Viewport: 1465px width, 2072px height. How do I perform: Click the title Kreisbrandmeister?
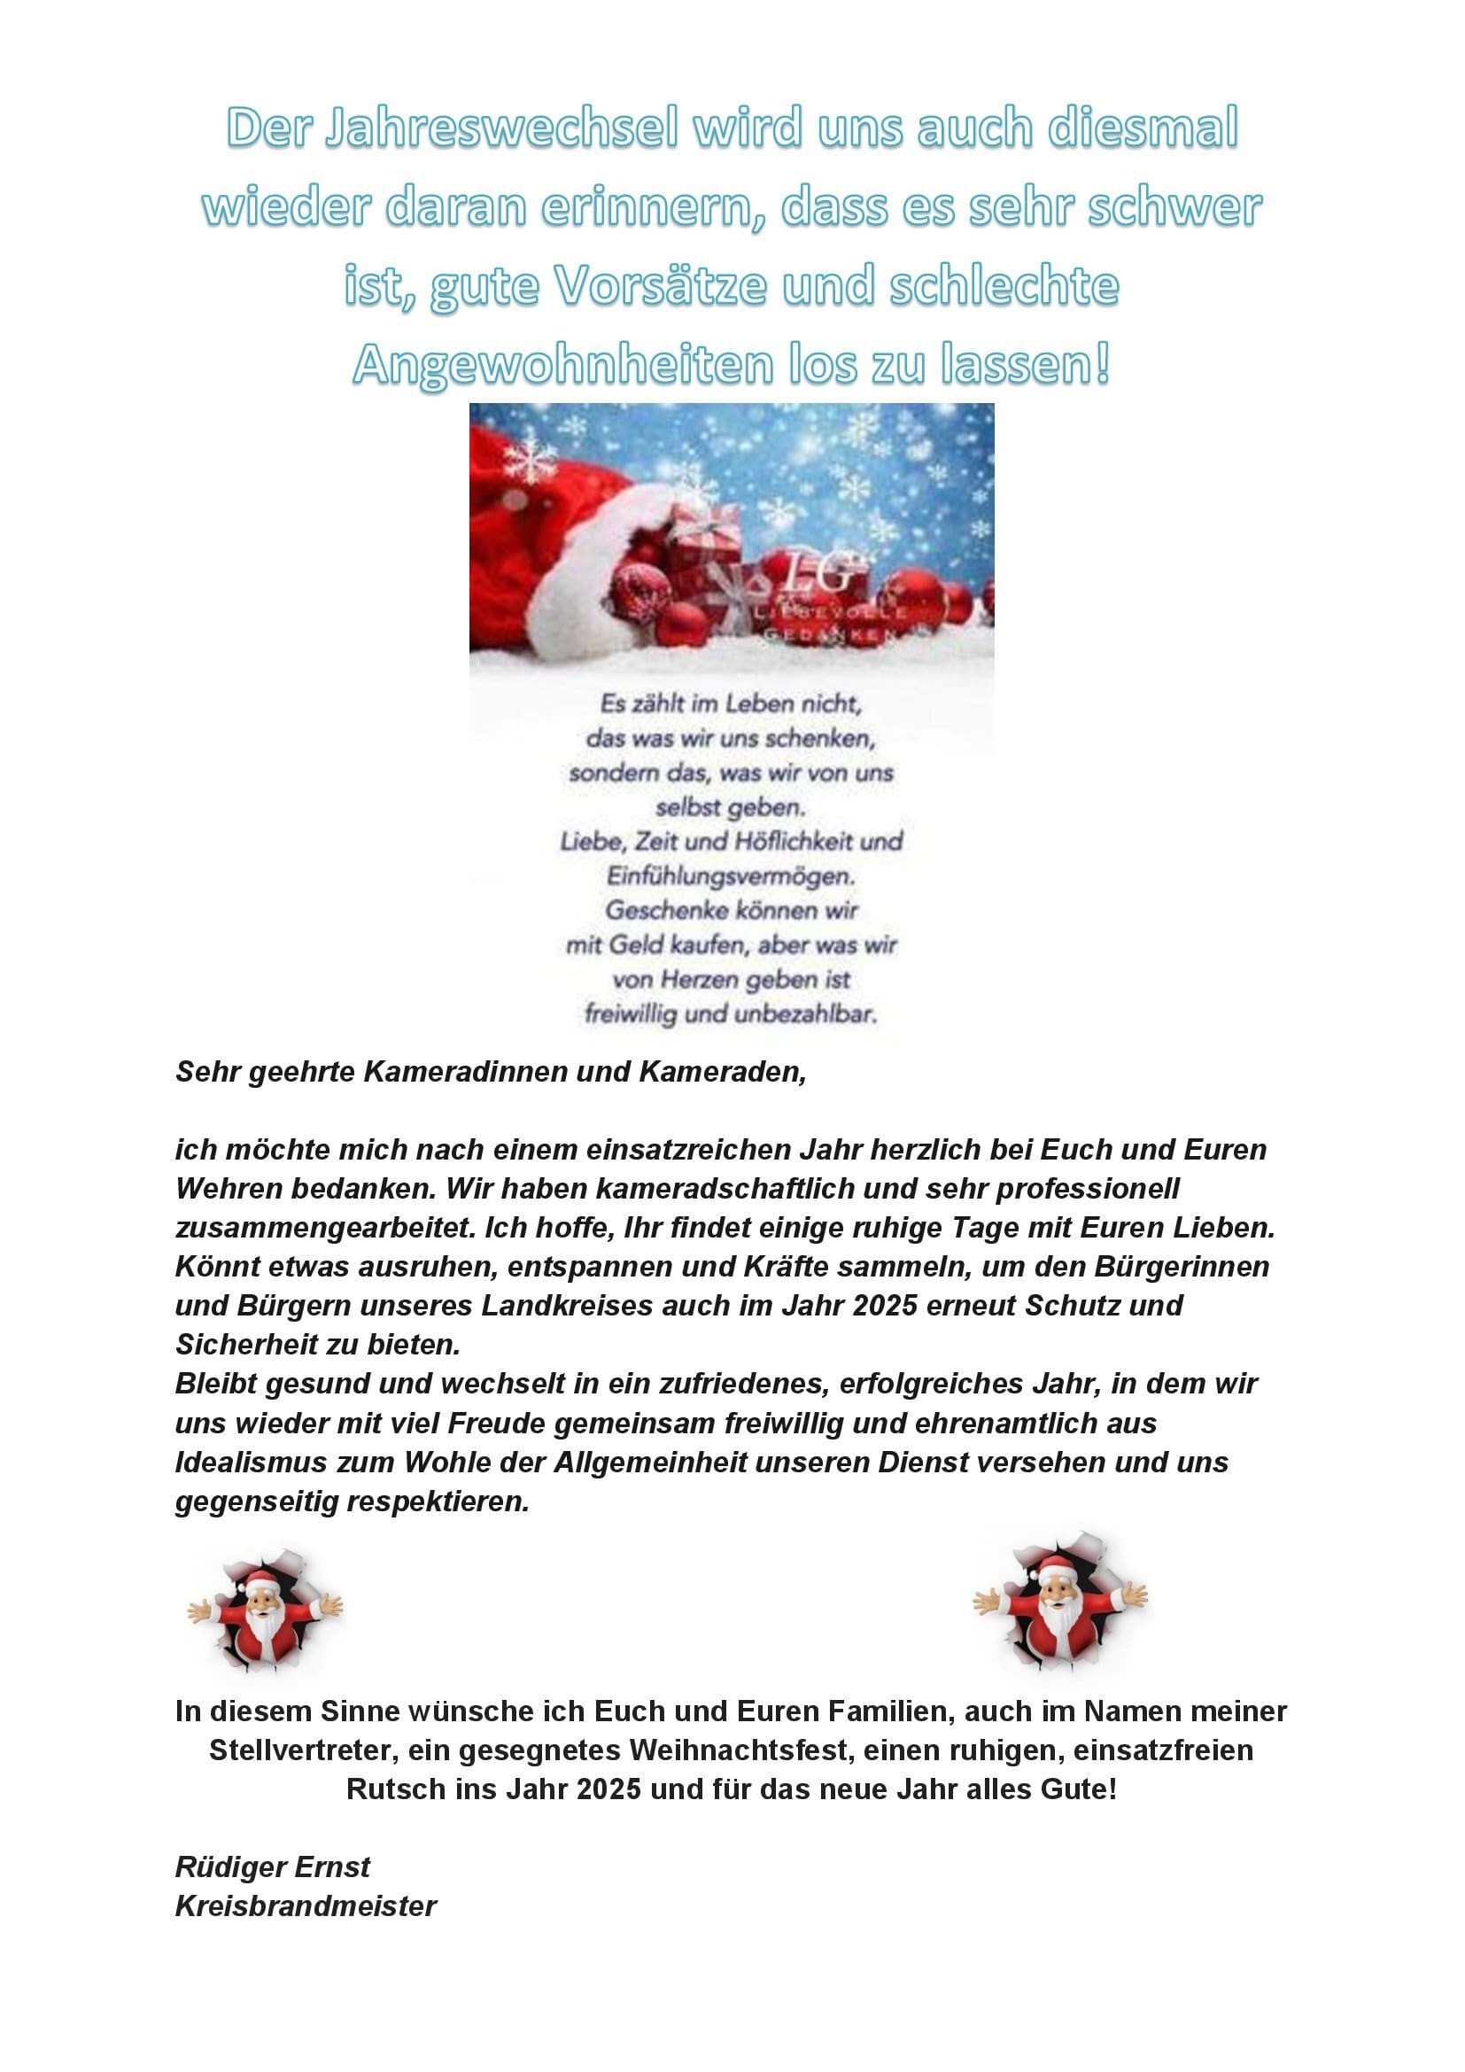(306, 1906)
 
